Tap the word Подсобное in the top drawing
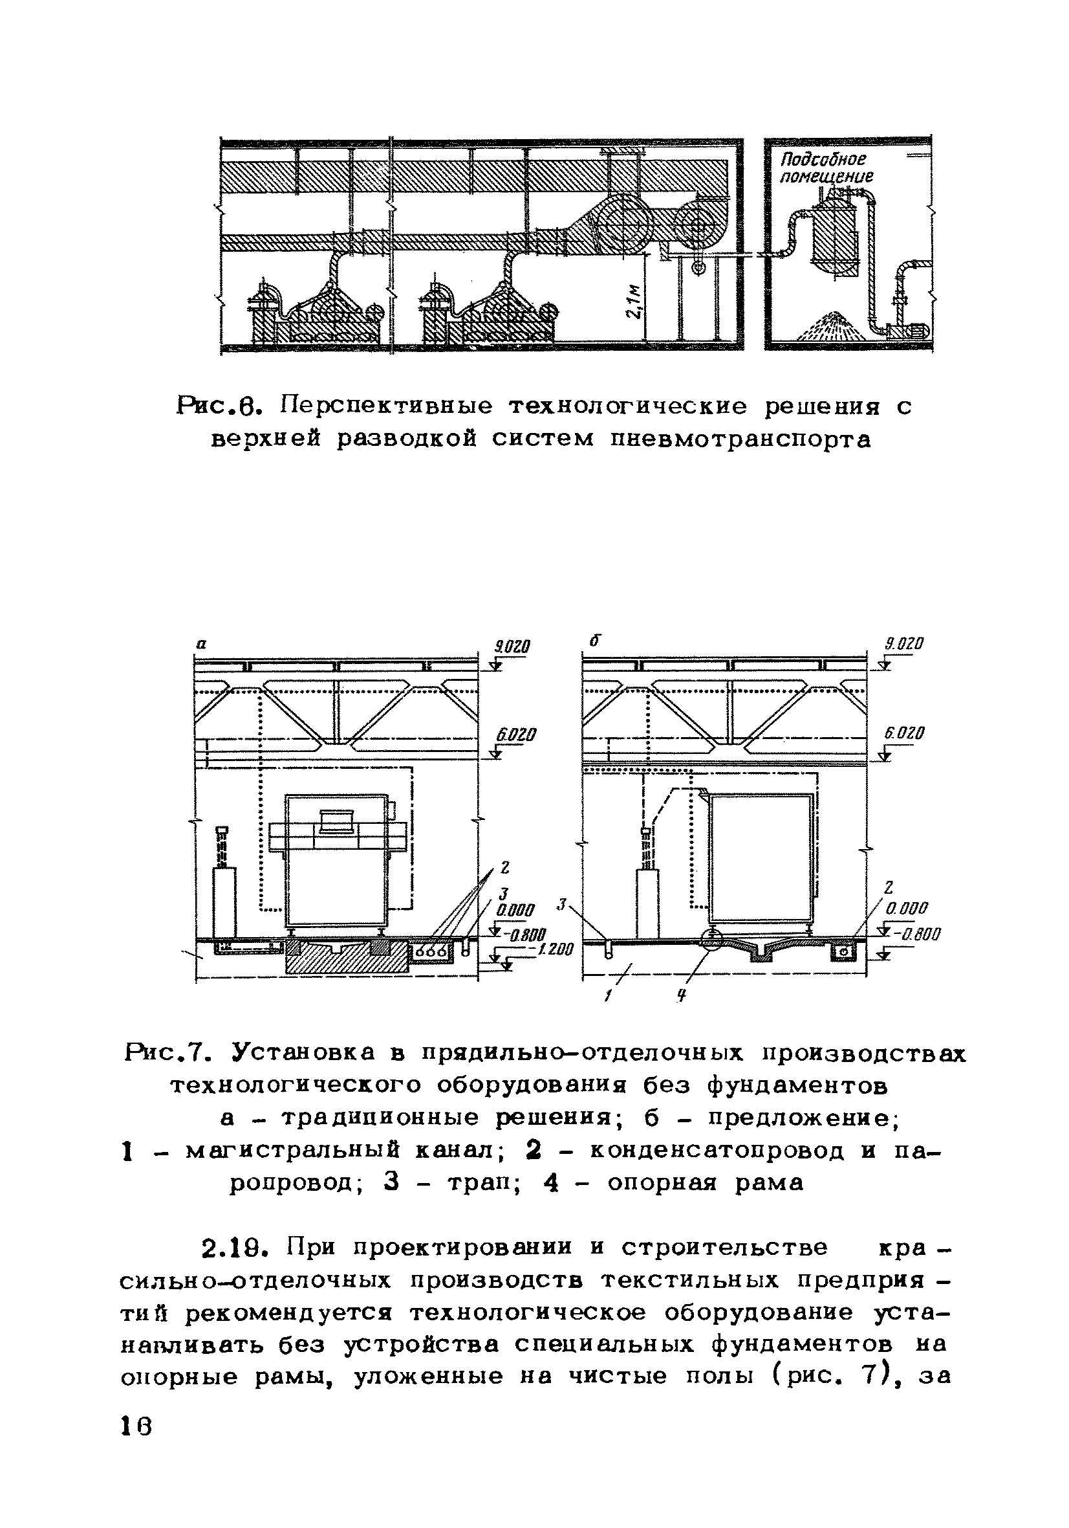(x=823, y=160)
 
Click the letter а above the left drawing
(x=202, y=644)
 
